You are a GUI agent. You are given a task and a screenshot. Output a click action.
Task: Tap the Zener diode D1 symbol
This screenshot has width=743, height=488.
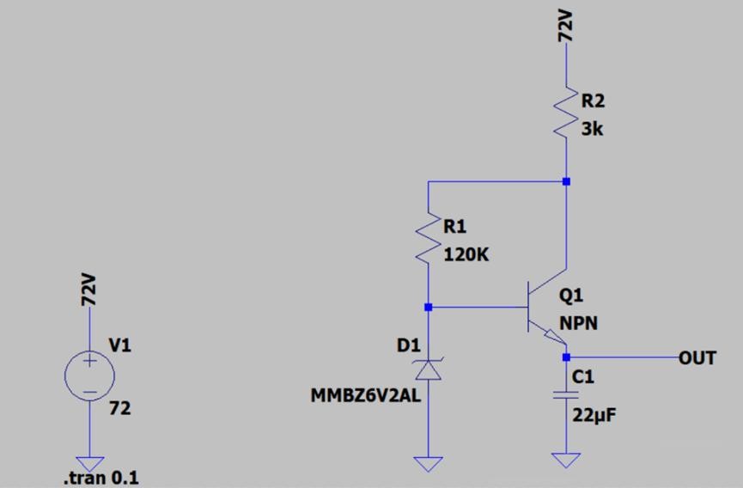pyautogui.click(x=428, y=369)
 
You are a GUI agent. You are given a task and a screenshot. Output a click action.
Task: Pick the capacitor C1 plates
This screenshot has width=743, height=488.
pyautogui.click(x=566, y=396)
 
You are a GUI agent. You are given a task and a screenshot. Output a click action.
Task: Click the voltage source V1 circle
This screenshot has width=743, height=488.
pyautogui.click(x=89, y=375)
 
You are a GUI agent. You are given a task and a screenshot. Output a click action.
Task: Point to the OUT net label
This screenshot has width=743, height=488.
pyautogui.click(x=697, y=357)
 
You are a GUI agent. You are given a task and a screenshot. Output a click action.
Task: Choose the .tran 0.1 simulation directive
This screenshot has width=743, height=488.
pyautogui.click(x=101, y=479)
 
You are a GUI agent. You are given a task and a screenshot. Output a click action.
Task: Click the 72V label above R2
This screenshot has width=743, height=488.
pyautogui.click(x=566, y=28)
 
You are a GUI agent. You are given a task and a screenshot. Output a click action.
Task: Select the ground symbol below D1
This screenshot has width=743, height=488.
pyautogui.click(x=428, y=464)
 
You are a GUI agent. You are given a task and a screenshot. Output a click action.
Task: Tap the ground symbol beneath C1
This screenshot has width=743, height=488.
pyautogui.click(x=566, y=460)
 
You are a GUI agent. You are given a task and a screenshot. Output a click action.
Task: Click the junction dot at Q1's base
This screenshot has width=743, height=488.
pyautogui.click(x=428, y=307)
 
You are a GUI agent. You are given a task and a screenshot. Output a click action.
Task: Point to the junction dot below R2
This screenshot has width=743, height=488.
pyautogui.click(x=566, y=181)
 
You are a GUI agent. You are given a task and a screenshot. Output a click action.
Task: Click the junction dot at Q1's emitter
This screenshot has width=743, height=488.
pyautogui.click(x=566, y=357)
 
